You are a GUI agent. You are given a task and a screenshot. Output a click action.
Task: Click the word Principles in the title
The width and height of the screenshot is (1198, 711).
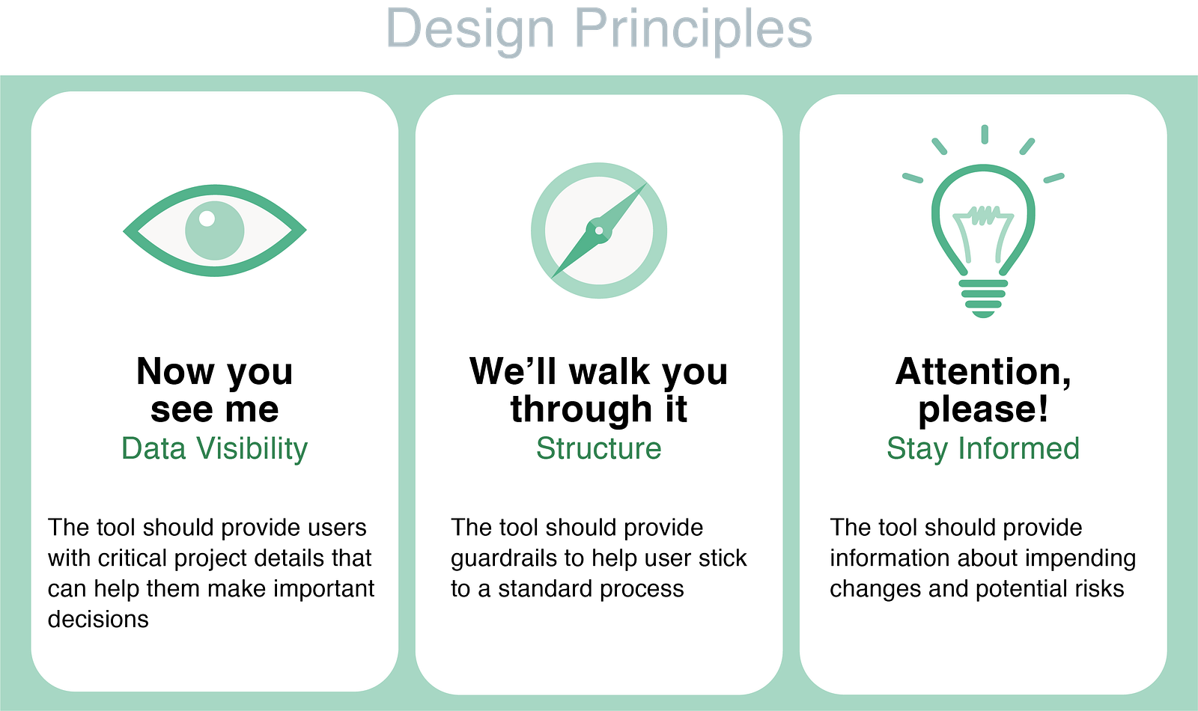coord(693,29)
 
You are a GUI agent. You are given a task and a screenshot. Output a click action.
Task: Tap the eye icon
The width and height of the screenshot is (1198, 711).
coord(214,231)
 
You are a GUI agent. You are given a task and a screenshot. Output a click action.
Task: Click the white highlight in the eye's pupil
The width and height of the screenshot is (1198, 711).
coord(207,218)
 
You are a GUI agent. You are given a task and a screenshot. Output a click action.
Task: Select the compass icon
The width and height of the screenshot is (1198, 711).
coord(599,231)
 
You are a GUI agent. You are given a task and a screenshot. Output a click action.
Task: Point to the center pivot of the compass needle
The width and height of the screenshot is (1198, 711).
coord(599,231)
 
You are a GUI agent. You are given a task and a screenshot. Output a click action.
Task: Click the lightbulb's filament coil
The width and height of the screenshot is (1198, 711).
coord(982,215)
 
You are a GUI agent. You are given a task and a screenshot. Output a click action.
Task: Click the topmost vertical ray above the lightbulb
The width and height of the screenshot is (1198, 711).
coord(985,134)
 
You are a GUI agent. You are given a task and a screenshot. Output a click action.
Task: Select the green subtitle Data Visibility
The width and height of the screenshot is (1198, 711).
coord(214,449)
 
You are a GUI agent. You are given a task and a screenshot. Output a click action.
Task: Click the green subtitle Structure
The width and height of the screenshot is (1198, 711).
coord(599,448)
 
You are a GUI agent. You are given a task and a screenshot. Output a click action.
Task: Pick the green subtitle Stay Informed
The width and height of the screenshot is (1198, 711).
coord(983,449)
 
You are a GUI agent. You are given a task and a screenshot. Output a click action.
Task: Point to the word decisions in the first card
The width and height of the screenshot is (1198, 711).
coord(98,619)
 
